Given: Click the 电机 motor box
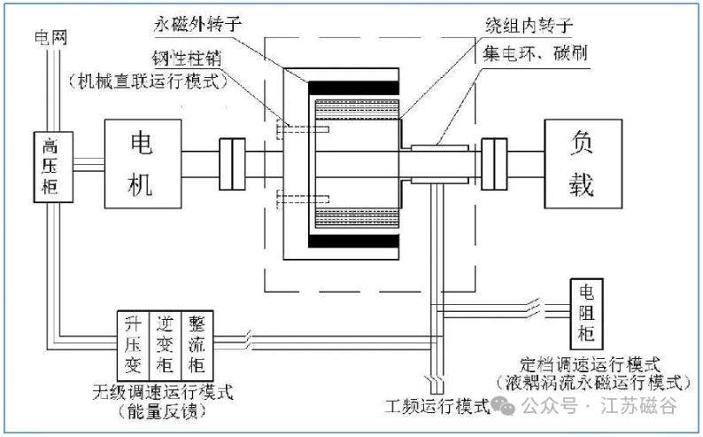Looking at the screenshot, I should (x=142, y=161).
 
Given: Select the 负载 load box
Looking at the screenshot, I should (x=581, y=161).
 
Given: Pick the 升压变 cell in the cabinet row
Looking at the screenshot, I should (x=135, y=339).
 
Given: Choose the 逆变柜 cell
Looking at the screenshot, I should (x=166, y=339).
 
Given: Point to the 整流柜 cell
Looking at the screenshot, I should (x=197, y=339).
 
